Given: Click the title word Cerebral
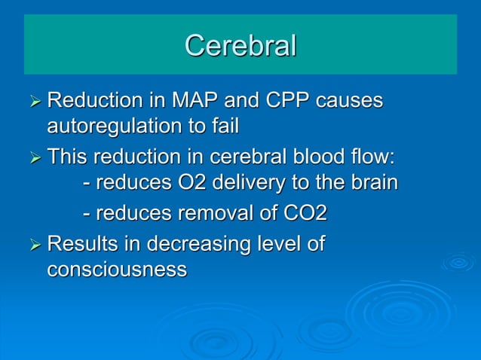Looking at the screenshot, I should [240, 46].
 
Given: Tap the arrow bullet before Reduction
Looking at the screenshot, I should [34, 102].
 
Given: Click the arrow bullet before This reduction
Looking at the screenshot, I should [34, 159].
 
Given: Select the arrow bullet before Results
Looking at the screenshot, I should [34, 245].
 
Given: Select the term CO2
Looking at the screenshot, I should [305, 214].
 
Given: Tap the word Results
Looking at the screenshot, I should [83, 245].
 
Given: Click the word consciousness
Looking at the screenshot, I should [117, 269].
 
